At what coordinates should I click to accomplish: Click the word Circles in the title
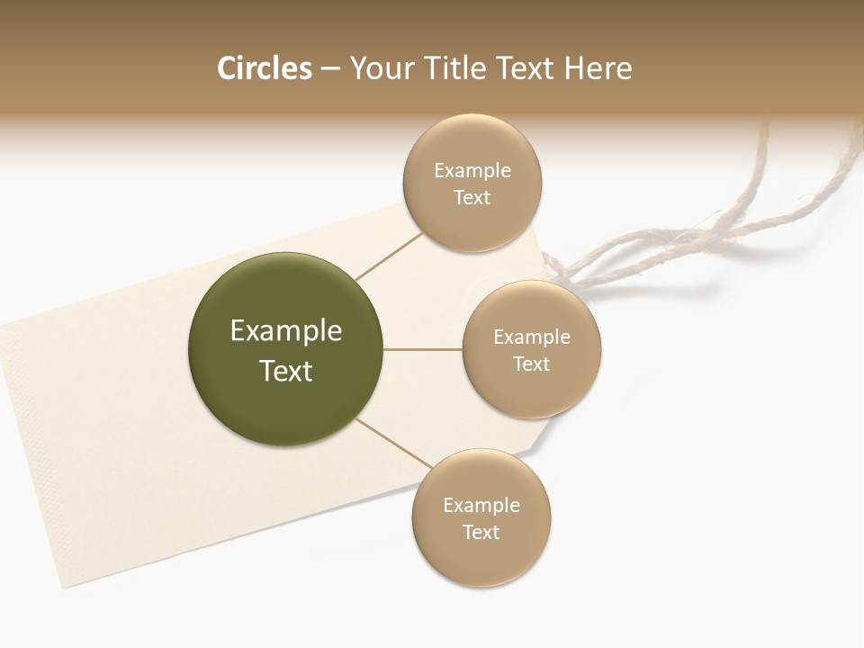tap(264, 68)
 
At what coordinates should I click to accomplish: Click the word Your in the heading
tap(381, 68)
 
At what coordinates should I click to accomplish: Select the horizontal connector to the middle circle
tap(423, 349)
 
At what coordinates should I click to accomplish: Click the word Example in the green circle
tap(286, 331)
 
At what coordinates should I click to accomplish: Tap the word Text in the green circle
tap(286, 371)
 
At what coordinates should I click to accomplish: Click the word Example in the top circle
tap(472, 171)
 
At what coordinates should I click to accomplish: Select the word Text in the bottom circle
tap(481, 532)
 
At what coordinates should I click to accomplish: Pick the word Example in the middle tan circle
tap(532, 337)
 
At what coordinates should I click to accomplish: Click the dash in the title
tap(330, 68)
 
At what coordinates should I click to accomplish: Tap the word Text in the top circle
tap(472, 198)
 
